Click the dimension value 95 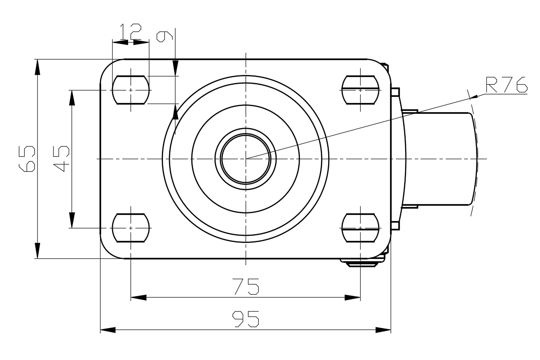246,319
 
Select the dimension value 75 246,286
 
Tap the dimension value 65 27,158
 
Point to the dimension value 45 61,158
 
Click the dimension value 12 131,32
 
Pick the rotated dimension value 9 164,36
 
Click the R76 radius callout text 506,85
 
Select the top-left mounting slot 131,90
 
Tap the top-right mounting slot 360,90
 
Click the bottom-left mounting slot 131,228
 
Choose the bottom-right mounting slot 360,228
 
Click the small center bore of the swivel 246,159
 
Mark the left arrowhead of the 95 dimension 107,330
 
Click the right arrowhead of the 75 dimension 352,298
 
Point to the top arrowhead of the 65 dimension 37,67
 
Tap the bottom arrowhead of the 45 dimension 72,220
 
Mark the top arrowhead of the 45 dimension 72,98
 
